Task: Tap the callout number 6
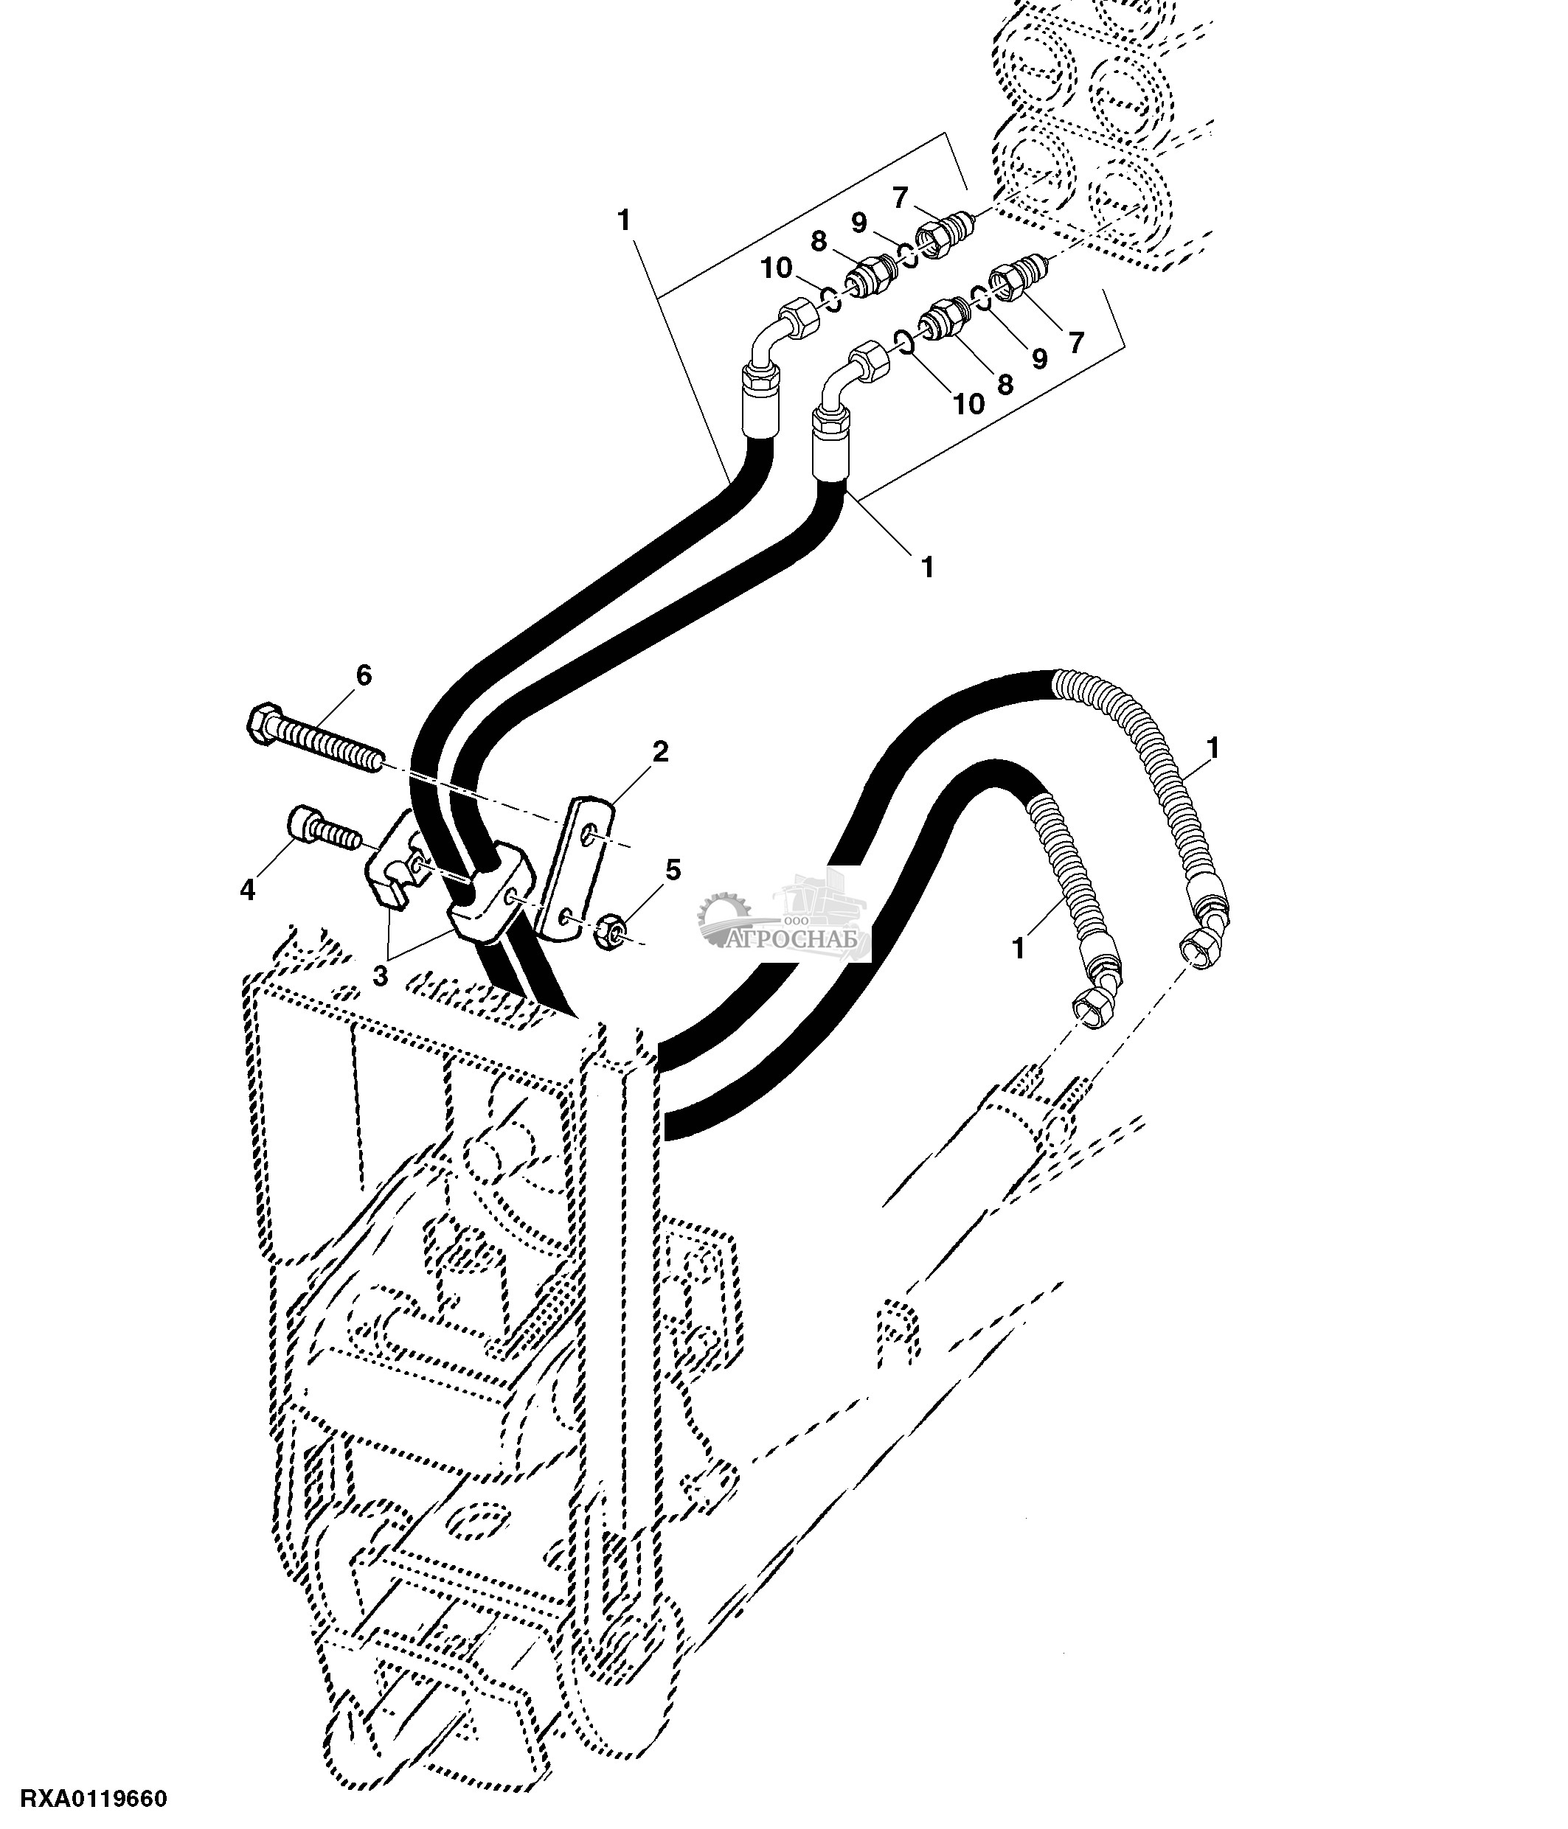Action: [x=364, y=675]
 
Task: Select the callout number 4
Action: [x=247, y=891]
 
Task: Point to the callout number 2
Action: [x=660, y=752]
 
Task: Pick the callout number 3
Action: [x=381, y=976]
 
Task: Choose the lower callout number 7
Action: [x=1075, y=343]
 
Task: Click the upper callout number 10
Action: [x=777, y=268]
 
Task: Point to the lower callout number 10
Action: [x=968, y=403]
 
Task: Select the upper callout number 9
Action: [x=859, y=222]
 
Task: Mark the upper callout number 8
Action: [x=819, y=240]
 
